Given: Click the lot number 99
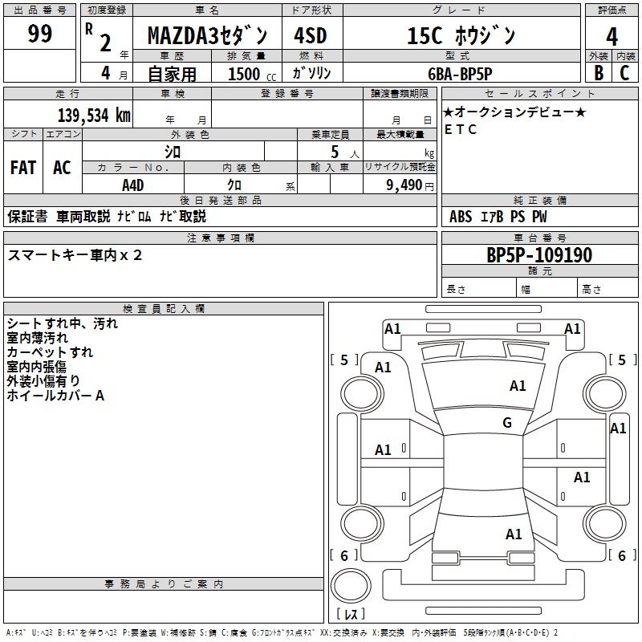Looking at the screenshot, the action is point(39,35).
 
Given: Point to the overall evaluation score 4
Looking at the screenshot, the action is point(612,37).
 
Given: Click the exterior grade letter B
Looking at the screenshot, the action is point(598,73).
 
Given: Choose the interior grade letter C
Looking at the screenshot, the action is point(625,73).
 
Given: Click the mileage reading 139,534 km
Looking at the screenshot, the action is point(94,116).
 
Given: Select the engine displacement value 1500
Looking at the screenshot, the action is point(244,74).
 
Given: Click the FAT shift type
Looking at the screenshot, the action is point(22,168).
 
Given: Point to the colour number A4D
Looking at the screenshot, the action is point(133,185).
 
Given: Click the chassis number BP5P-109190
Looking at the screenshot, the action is point(539,256).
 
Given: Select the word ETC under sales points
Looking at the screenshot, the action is point(461,130).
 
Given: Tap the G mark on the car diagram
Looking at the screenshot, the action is point(507,423).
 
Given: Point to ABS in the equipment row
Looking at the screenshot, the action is point(461,217).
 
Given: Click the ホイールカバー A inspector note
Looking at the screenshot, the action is point(55,395).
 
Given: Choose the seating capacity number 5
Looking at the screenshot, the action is point(334,152).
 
